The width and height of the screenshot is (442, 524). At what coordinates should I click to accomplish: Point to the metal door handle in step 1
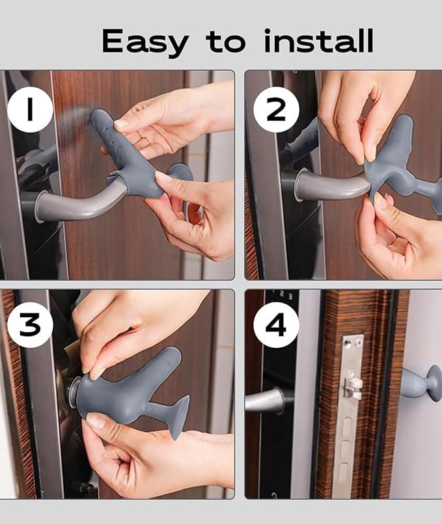click(x=78, y=205)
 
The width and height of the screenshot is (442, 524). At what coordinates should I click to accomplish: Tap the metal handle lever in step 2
click(x=329, y=186)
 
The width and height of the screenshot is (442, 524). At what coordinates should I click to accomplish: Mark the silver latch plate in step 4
click(x=351, y=416)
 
